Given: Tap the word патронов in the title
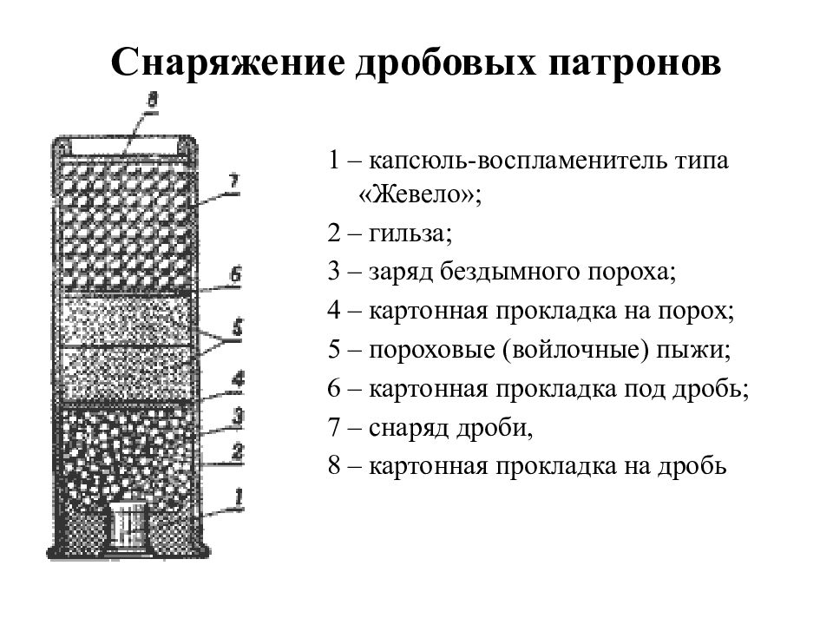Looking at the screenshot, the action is pyautogui.click(x=634, y=62).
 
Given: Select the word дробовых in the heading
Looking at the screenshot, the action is pyautogui.click(x=446, y=62).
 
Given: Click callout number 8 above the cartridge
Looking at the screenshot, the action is pyautogui.click(x=153, y=101).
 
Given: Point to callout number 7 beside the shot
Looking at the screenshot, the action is pyautogui.click(x=233, y=182).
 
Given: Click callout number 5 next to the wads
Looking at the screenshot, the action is pyautogui.click(x=237, y=327).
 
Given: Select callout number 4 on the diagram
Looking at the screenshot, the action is pyautogui.click(x=238, y=379).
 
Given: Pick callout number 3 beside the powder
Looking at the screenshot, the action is pyautogui.click(x=238, y=416).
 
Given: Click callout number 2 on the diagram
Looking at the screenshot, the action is pyautogui.click(x=238, y=451).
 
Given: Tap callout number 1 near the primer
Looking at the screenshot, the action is pyautogui.click(x=239, y=498).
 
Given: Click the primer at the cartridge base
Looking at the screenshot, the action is pyautogui.click(x=126, y=528).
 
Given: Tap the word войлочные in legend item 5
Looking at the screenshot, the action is pyautogui.click(x=575, y=350).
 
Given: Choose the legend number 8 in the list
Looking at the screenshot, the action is pyautogui.click(x=333, y=465).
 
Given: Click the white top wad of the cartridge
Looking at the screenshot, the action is pyautogui.click(x=125, y=147).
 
